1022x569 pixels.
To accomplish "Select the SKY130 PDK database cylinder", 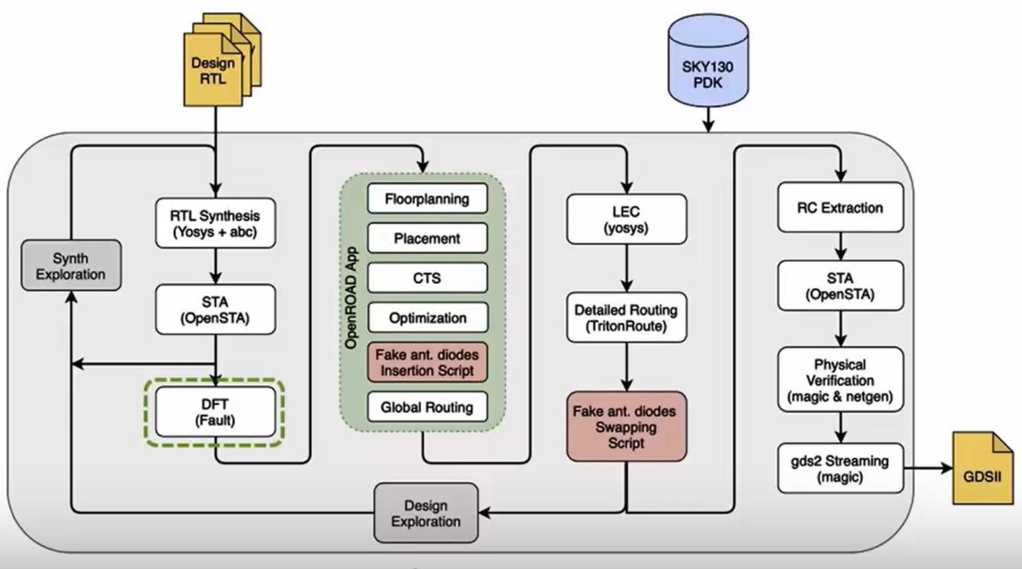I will tap(708, 65).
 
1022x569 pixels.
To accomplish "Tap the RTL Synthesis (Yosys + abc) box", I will tap(215, 224).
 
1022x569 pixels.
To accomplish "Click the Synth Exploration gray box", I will tap(71, 266).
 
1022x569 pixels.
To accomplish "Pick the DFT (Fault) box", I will tap(215, 412).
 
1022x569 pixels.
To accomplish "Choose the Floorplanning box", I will tap(427, 199).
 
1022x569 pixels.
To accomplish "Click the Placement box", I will tap(427, 238).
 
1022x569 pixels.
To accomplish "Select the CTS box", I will tap(427, 278).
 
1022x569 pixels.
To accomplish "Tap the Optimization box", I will tap(427, 318).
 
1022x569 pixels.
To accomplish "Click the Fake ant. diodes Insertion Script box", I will tap(427, 362).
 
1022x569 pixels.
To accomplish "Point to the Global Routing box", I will tap(427, 407).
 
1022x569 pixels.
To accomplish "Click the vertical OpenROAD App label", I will tap(351, 298).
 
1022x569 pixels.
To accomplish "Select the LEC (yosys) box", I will tap(626, 219).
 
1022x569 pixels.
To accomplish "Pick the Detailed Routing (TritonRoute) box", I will tap(626, 318).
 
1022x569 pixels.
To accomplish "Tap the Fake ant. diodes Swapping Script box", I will tap(626, 427).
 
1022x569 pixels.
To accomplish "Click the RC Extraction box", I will tap(840, 207).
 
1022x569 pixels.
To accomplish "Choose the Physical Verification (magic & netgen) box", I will tap(840, 380).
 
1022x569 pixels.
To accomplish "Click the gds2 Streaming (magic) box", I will tap(840, 469).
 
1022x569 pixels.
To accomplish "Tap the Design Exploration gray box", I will tap(426, 513).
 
